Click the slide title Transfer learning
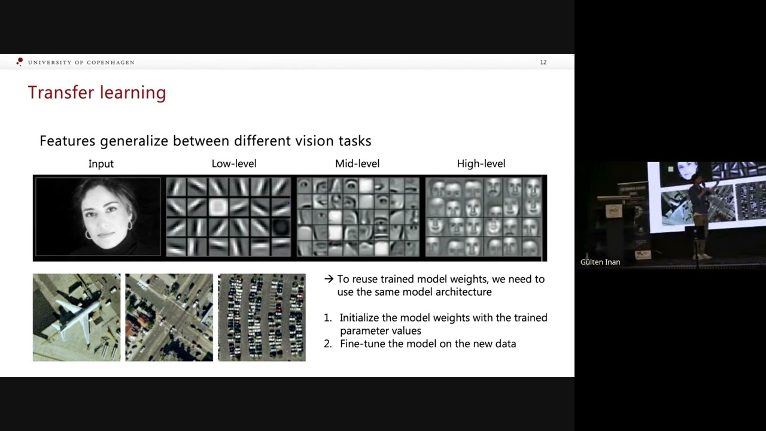[96, 93]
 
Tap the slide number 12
[543, 62]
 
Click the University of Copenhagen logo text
[81, 62]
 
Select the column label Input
[101, 163]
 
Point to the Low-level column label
[233, 163]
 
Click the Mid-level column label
[357, 163]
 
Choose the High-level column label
[481, 163]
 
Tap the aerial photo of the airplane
[77, 317]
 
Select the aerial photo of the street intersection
[169, 317]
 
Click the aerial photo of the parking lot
[262, 317]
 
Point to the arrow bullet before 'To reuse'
[329, 279]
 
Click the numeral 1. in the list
[327, 318]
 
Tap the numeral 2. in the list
[327, 344]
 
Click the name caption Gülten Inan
[600, 262]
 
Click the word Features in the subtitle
[67, 141]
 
